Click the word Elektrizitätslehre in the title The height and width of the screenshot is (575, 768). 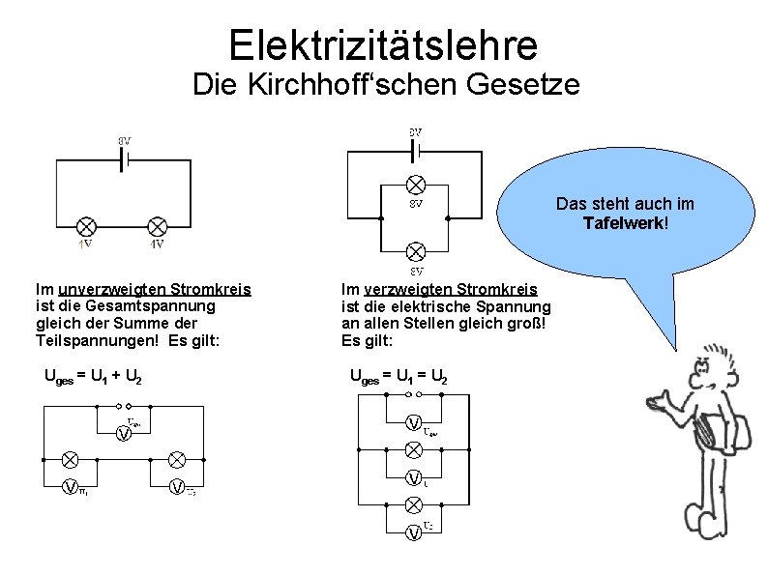383,43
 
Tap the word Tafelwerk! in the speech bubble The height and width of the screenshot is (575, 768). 625,223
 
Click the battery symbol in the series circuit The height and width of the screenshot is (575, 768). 124,161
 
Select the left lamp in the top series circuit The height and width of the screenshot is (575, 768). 86,226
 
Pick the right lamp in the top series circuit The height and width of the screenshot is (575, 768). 158,226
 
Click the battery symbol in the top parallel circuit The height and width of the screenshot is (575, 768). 415,151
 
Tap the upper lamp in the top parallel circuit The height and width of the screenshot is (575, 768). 415,184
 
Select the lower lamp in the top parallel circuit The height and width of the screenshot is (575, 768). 415,252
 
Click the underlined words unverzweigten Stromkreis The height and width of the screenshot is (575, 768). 154,289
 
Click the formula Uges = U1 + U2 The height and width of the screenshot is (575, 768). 94,376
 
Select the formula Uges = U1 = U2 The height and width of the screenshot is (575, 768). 398,376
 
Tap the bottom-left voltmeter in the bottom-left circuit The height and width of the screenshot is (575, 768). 70,486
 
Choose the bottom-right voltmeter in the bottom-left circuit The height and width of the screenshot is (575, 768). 178,486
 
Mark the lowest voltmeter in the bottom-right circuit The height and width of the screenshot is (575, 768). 413,532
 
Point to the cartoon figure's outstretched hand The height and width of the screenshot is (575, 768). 664,399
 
